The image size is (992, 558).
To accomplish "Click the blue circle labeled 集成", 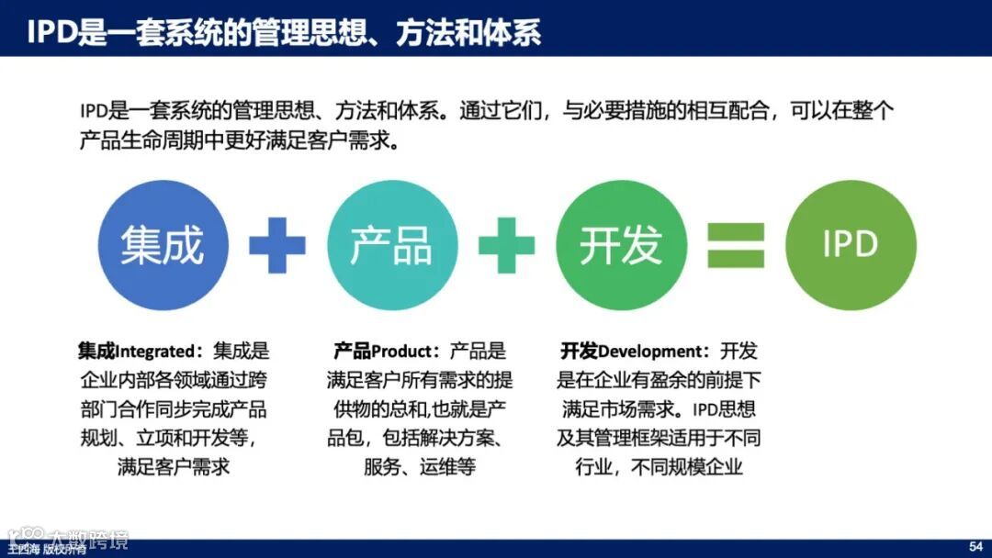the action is [x=163, y=244].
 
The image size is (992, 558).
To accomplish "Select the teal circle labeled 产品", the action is [x=391, y=244].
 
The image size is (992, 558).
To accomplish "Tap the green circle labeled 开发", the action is [x=621, y=244].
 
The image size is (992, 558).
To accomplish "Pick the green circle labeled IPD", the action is [x=851, y=244].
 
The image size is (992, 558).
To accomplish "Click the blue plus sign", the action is [x=276, y=244].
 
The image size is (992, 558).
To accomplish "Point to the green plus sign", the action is [x=506, y=244].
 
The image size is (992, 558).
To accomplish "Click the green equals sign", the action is [x=735, y=245].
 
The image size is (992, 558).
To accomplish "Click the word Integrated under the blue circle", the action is [x=155, y=352].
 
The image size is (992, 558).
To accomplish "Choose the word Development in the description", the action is [x=649, y=352].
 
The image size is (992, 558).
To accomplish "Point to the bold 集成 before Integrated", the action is [x=96, y=352].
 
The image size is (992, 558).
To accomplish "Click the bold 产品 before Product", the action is [x=352, y=352].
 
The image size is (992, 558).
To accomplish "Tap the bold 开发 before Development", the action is [x=580, y=352].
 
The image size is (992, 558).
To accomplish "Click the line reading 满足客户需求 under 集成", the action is [x=174, y=466].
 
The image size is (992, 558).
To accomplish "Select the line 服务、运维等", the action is [x=420, y=466].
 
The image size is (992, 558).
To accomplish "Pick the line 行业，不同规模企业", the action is [x=659, y=466].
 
